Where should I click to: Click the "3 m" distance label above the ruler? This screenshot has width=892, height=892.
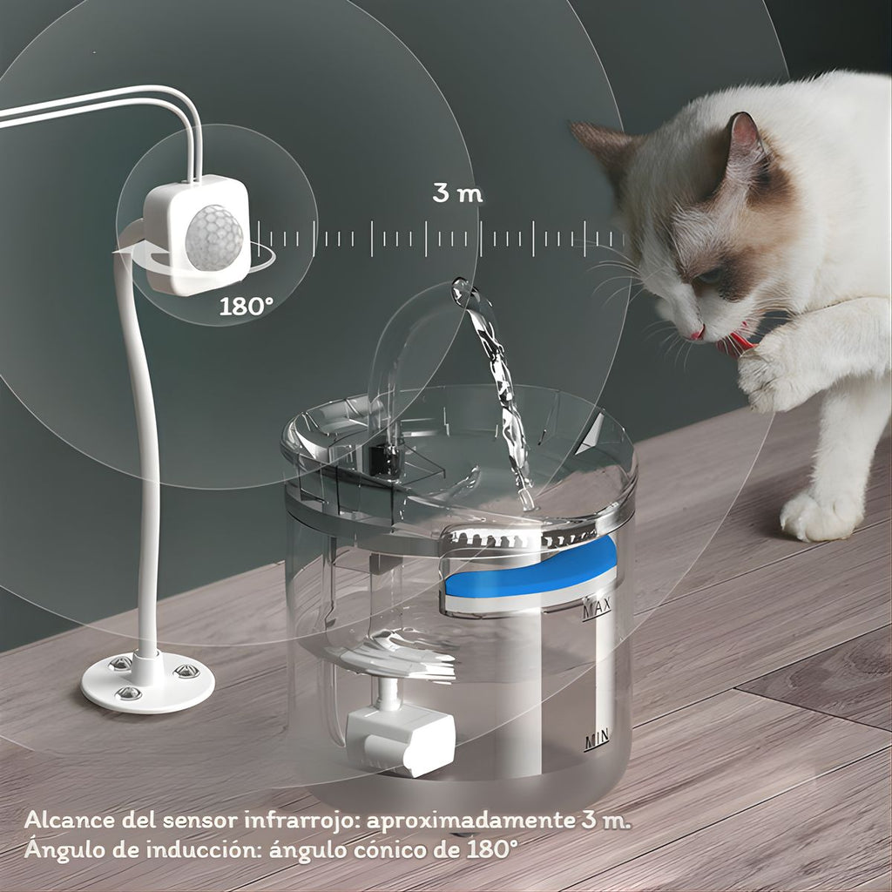pos(457,193)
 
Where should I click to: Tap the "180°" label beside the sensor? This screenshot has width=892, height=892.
pos(246,307)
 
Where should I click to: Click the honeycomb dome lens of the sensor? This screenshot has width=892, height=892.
pos(214,237)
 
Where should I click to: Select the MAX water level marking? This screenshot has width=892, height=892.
pos(596,607)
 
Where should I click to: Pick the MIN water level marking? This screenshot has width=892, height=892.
pos(597,739)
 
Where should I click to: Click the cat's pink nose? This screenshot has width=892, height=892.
pos(698,333)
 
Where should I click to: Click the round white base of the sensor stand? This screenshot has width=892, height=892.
pos(148,683)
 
